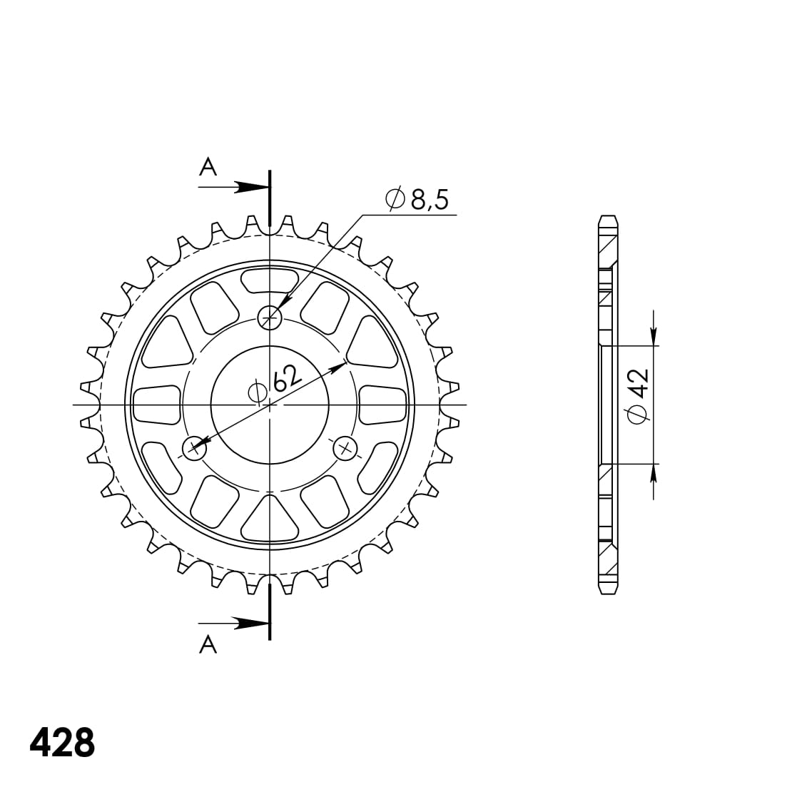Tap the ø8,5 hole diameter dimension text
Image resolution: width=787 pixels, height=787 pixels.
[x=417, y=199]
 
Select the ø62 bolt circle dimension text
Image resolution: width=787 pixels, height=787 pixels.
[x=276, y=383]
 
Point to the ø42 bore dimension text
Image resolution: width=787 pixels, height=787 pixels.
[x=638, y=397]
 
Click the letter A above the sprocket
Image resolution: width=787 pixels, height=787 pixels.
[x=208, y=167]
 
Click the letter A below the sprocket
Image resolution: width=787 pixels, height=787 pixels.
[x=208, y=644]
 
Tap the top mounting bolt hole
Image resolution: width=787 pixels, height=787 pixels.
[x=270, y=318]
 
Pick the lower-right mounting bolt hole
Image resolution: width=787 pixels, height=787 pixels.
[x=345, y=447]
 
